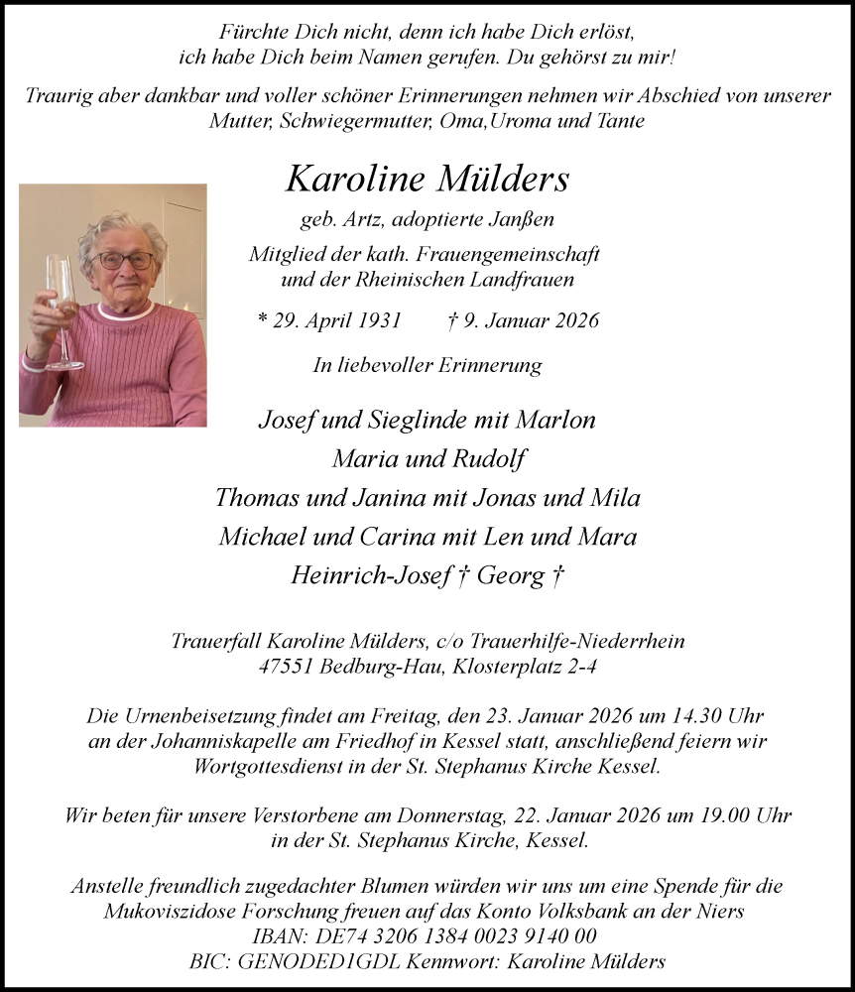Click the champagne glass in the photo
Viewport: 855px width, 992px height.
61,308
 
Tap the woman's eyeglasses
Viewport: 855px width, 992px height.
124,261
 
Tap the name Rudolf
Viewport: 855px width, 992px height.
484,459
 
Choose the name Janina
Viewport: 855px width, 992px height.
405,498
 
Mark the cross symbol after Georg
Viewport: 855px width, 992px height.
557,576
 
